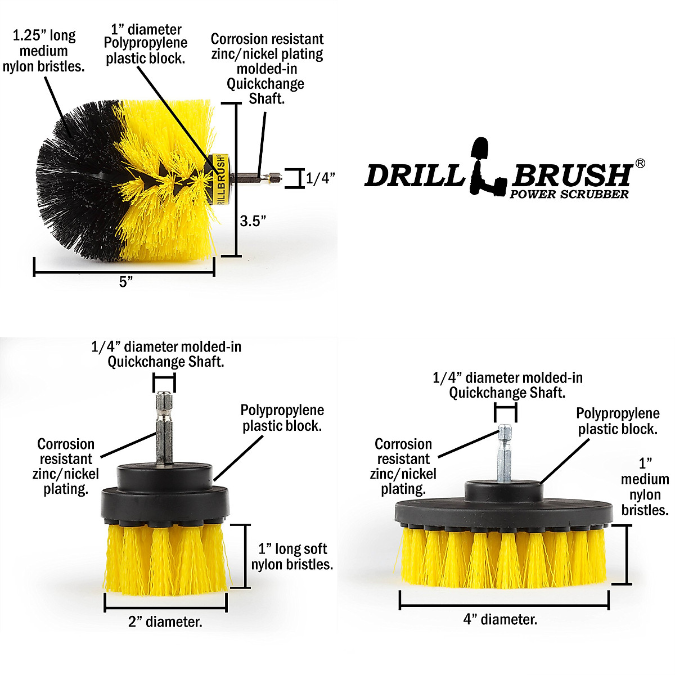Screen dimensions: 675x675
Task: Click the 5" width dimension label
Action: tap(125, 281)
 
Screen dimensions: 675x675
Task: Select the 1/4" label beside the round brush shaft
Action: tap(320, 179)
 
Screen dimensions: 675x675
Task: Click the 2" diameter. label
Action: tap(165, 622)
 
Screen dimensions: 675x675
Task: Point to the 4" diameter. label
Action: tap(500, 619)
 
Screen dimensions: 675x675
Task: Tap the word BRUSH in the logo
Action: tap(571, 175)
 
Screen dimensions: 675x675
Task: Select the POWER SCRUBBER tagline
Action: tap(569, 195)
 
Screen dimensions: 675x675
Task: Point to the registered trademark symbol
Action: tap(640, 163)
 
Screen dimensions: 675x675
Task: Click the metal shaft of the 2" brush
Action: tap(164, 427)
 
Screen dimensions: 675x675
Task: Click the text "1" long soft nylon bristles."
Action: tap(292, 557)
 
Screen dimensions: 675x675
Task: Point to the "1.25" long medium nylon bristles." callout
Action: tap(43, 51)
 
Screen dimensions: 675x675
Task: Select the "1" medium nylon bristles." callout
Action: tap(645, 487)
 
